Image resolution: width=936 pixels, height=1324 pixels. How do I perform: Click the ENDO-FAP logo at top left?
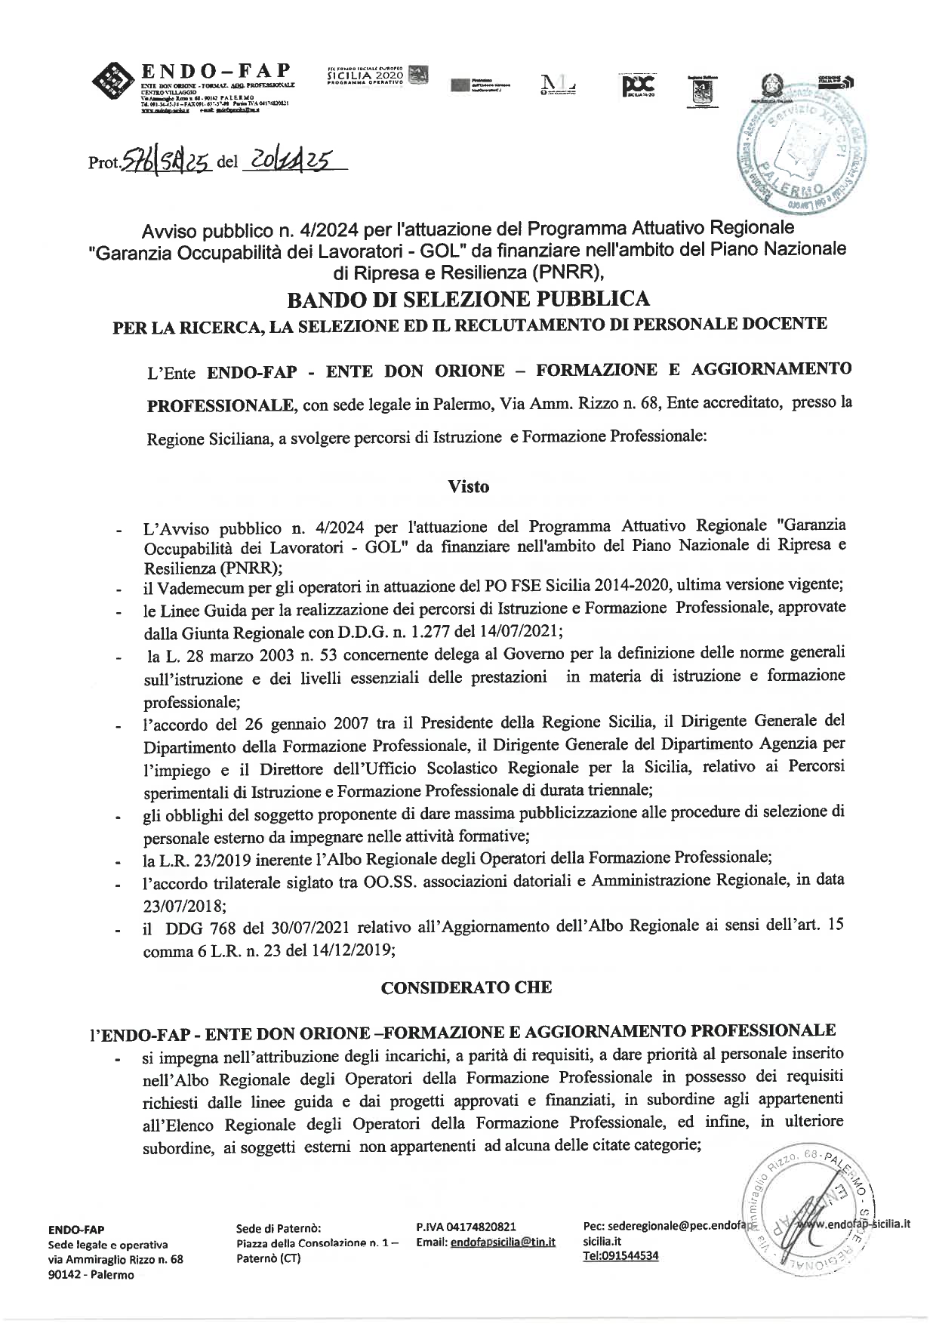192,89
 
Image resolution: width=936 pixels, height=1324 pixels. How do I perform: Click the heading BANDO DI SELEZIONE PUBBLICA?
468,300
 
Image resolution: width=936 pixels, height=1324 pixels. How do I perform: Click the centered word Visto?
468,487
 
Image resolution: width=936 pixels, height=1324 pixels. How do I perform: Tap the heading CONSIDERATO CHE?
466,987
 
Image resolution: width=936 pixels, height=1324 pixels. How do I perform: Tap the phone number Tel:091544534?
620,1255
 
